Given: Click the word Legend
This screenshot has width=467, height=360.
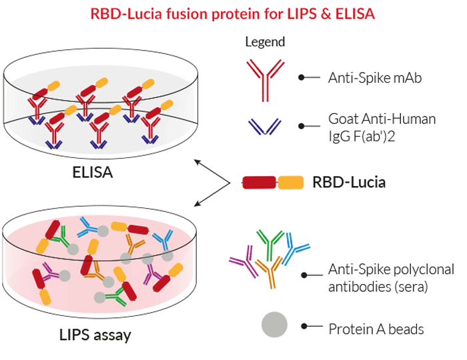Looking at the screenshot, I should point(265,42).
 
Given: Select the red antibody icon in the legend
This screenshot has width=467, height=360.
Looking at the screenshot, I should point(265,79).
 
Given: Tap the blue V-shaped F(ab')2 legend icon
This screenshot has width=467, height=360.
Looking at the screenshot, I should point(265,126).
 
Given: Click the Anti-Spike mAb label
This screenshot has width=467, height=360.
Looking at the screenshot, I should point(374,78).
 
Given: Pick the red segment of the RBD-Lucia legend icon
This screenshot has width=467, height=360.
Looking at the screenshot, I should point(259,182).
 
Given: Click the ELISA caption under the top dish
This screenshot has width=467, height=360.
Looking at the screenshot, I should point(93,174).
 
